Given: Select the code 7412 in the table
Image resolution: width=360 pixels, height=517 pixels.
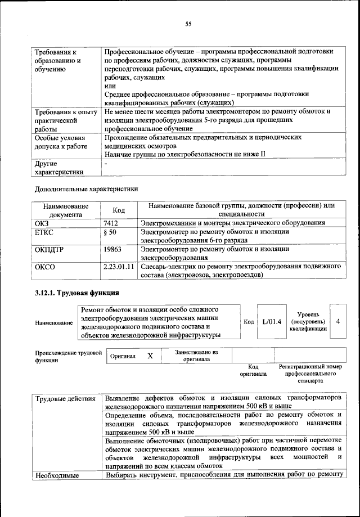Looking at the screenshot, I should [111, 223].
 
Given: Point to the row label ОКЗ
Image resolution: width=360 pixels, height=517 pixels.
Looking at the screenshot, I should [43, 223].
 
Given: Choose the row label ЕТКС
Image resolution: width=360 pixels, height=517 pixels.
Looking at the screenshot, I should [45, 232].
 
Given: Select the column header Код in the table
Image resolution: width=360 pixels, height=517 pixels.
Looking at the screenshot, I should [119, 210].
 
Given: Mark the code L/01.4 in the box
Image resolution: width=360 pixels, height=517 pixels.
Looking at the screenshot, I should [271, 321].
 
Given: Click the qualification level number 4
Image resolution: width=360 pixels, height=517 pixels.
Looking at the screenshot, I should [337, 321].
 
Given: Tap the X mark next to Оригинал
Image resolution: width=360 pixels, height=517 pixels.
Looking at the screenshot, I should [150, 356].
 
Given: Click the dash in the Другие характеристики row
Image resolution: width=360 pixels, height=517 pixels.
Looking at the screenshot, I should [106, 163].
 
